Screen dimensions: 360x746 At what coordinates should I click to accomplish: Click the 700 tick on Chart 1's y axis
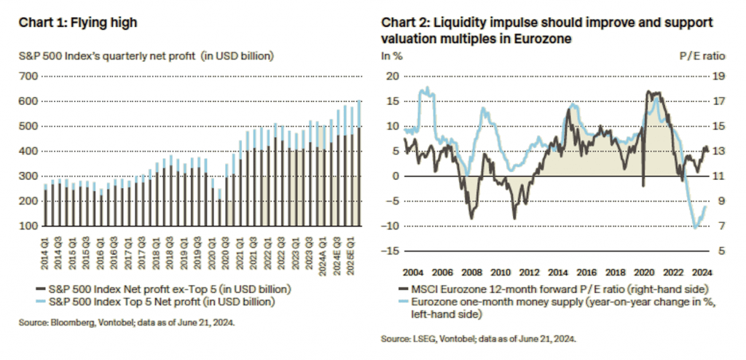pos(28,76)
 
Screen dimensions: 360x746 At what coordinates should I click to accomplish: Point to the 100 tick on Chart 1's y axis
pos(28,227)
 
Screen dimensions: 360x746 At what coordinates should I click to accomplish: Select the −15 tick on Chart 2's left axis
pos(391,251)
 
